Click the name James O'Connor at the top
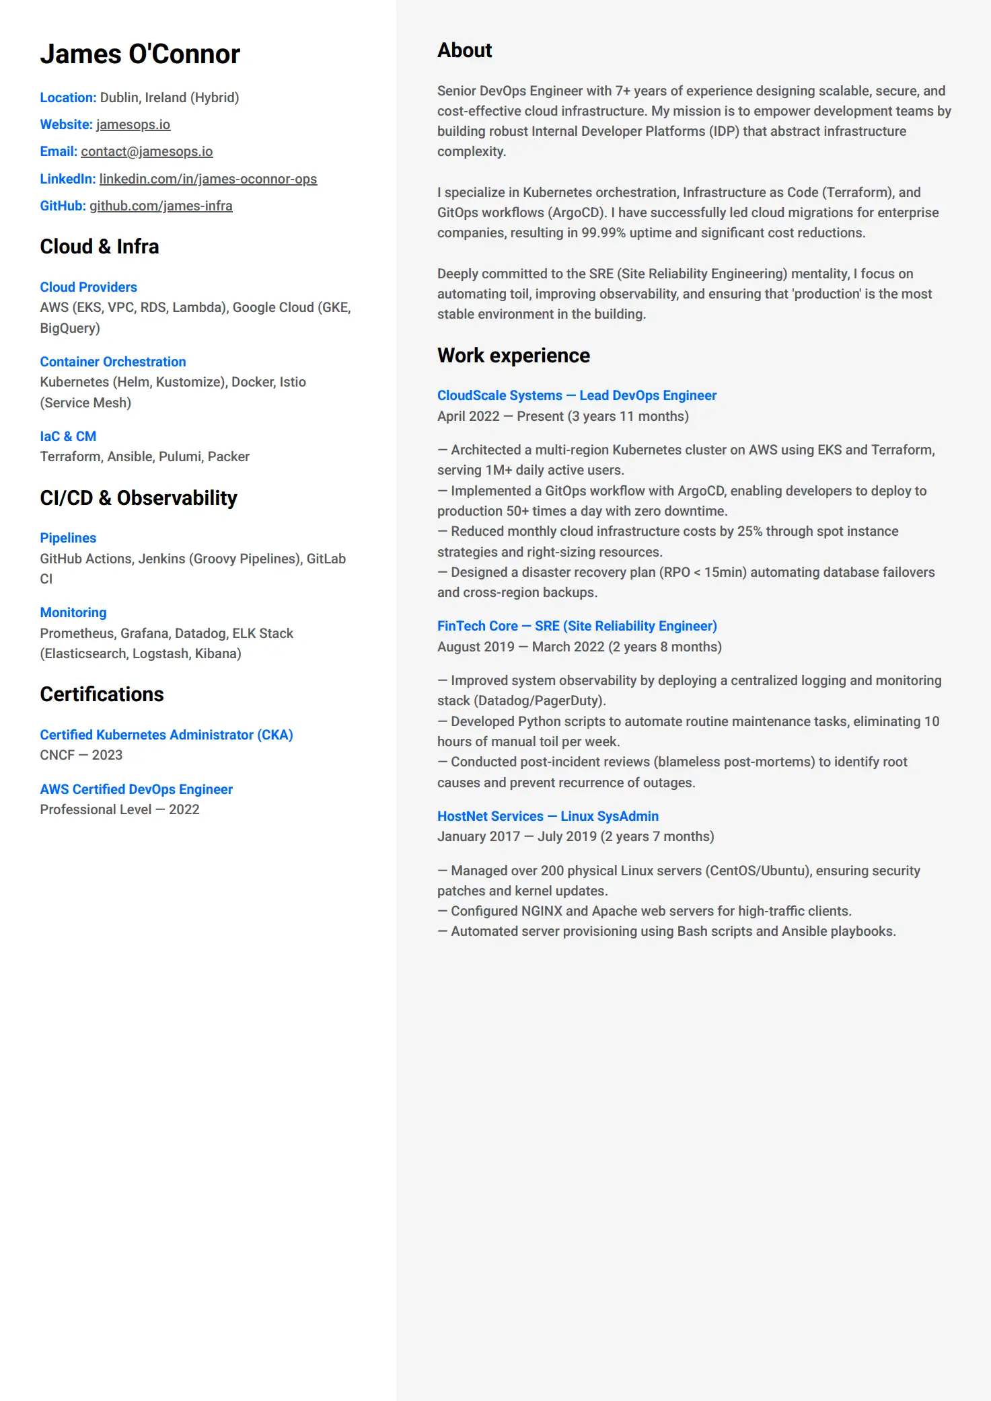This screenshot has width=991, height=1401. pos(140,54)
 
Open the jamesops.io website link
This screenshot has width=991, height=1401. pos(133,124)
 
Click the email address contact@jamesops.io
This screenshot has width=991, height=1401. pos(147,152)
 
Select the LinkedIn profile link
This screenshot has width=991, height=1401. pos(208,179)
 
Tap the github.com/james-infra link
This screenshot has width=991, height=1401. pos(161,206)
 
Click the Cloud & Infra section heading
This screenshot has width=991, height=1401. pos(100,247)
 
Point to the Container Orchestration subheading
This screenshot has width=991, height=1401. pos(113,362)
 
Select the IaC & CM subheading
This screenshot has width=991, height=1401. pos(68,436)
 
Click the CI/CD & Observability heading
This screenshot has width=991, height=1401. pos(139,498)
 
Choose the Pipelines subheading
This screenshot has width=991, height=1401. pos(68,538)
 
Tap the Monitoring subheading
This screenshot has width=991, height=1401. pos(73,612)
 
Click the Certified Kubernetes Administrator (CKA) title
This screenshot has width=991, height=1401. pos(166,735)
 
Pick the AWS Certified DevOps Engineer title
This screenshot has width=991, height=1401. pos(136,789)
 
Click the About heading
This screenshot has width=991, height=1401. pos(464,50)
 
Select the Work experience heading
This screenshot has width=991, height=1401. pos(513,356)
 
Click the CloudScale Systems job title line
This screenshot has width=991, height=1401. pos(577,395)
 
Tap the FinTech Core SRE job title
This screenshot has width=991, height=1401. pos(577,626)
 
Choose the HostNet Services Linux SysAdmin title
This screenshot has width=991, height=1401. pos(548,816)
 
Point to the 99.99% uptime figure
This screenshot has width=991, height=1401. pos(603,233)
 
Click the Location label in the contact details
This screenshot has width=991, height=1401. pos(68,97)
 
